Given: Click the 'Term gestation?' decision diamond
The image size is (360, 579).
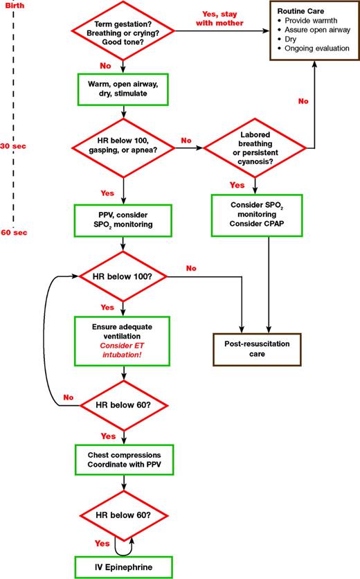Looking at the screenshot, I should coord(123,31).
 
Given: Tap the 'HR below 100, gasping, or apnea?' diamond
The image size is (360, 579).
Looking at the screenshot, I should coord(123,146).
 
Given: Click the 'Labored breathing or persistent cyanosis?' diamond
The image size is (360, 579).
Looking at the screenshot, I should coord(255,147).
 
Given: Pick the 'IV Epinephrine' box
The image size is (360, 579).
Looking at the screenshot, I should coord(123,567).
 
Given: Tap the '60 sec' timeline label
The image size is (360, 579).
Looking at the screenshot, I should coord(13,231).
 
